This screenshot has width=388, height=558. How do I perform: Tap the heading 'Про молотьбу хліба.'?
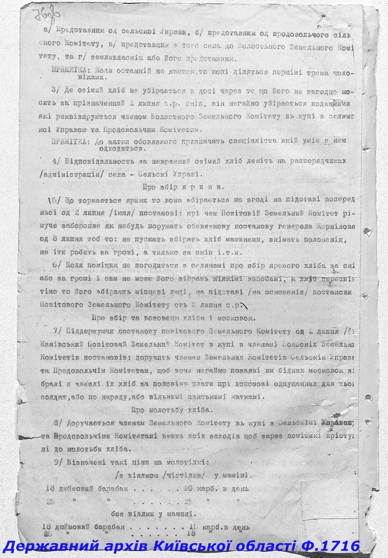172,410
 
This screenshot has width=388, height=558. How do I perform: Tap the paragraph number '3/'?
55,90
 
